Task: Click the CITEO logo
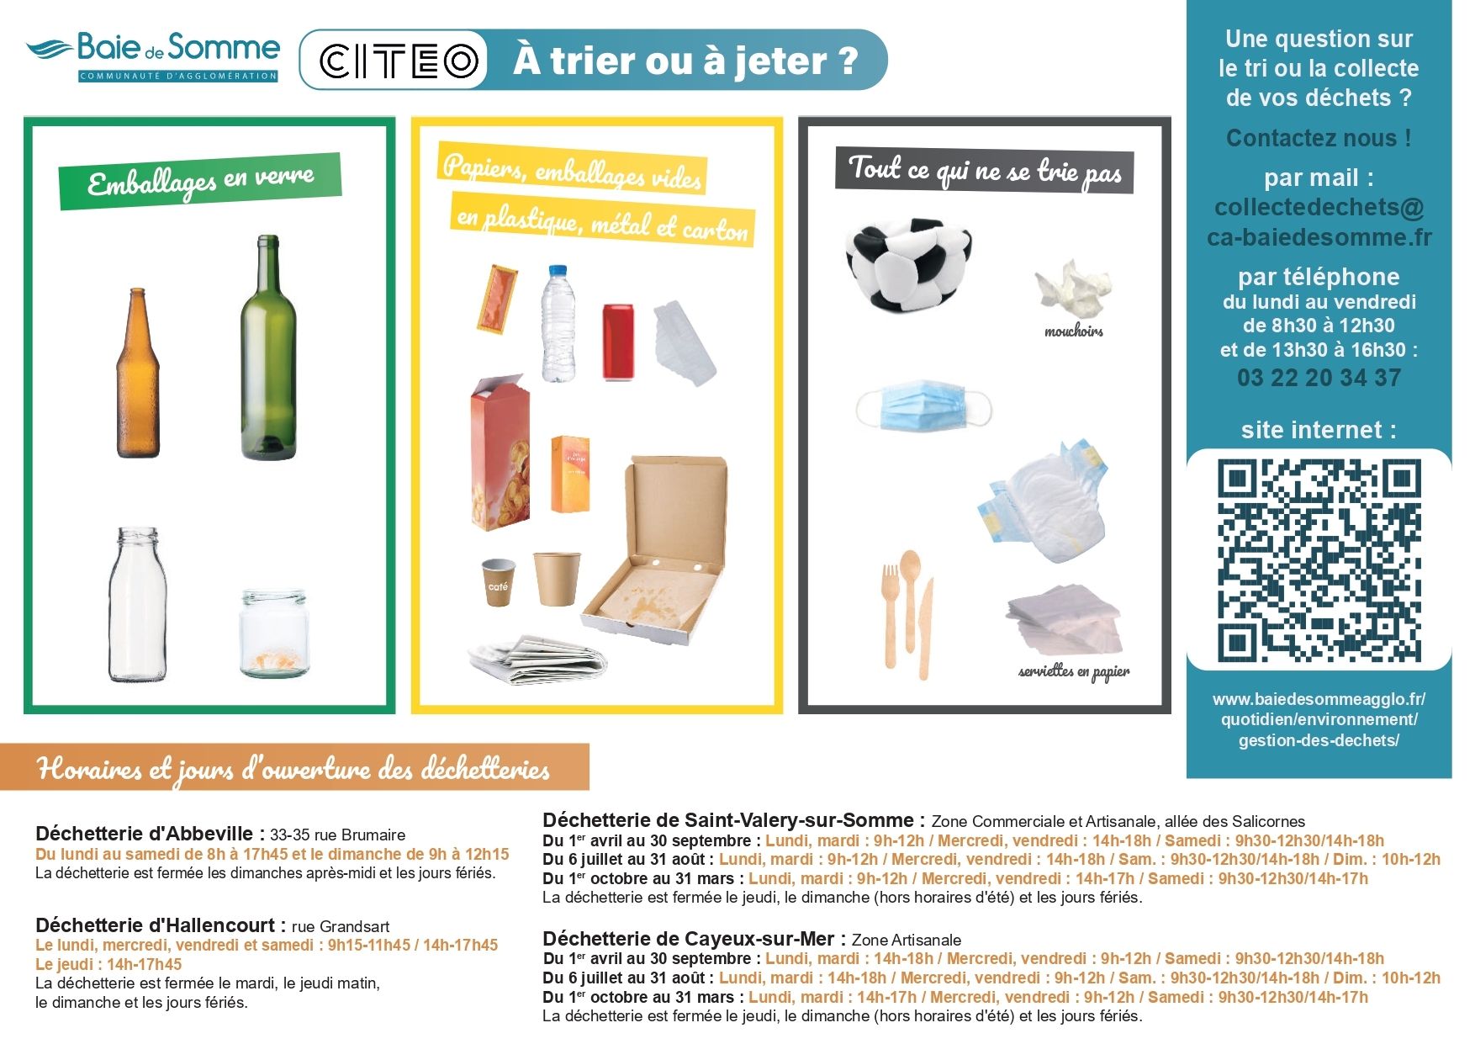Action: tap(399, 61)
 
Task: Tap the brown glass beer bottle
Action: tap(138, 373)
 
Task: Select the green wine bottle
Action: tap(268, 347)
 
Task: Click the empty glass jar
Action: tap(274, 633)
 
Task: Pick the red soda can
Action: tap(618, 342)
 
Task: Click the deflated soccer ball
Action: tap(908, 263)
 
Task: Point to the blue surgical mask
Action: tap(923, 405)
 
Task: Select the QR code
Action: tap(1319, 560)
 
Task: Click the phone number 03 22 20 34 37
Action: tap(1319, 378)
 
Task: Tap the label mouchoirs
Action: tap(1074, 331)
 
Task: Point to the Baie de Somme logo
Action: tap(152, 56)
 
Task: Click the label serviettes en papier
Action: tap(1074, 672)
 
